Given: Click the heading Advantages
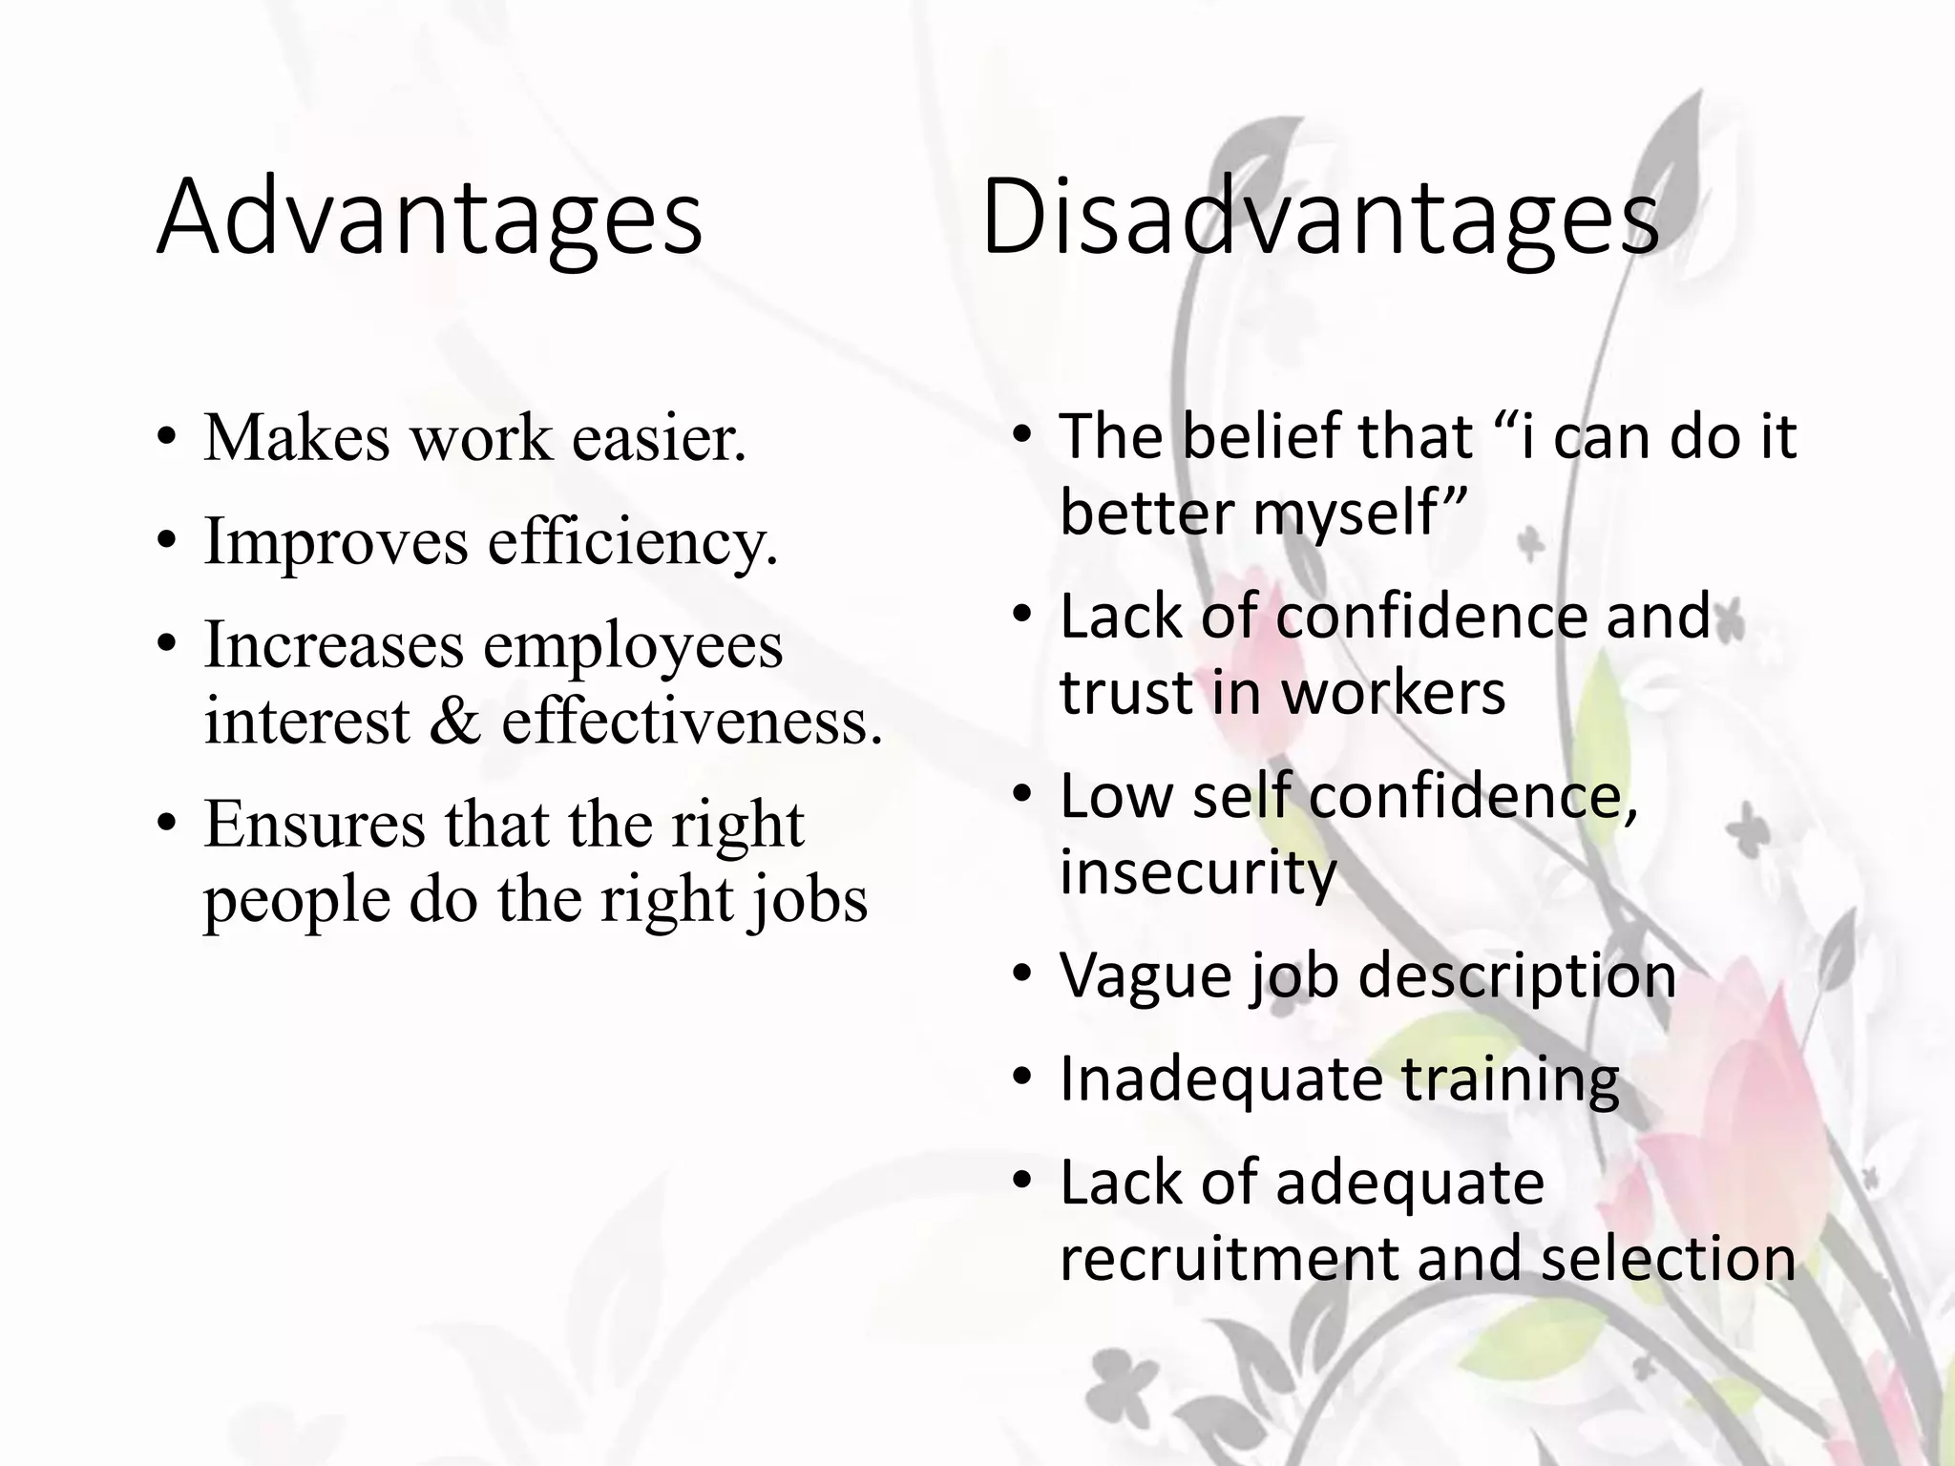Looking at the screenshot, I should (430, 218).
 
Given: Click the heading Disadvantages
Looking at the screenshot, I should (1320, 218).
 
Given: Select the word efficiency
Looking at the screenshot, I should (632, 542).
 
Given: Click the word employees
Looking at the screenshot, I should (632, 645).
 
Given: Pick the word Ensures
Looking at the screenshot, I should (314, 825).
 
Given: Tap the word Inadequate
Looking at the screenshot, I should (1221, 1079).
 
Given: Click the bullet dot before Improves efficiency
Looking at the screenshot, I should (168, 542).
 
